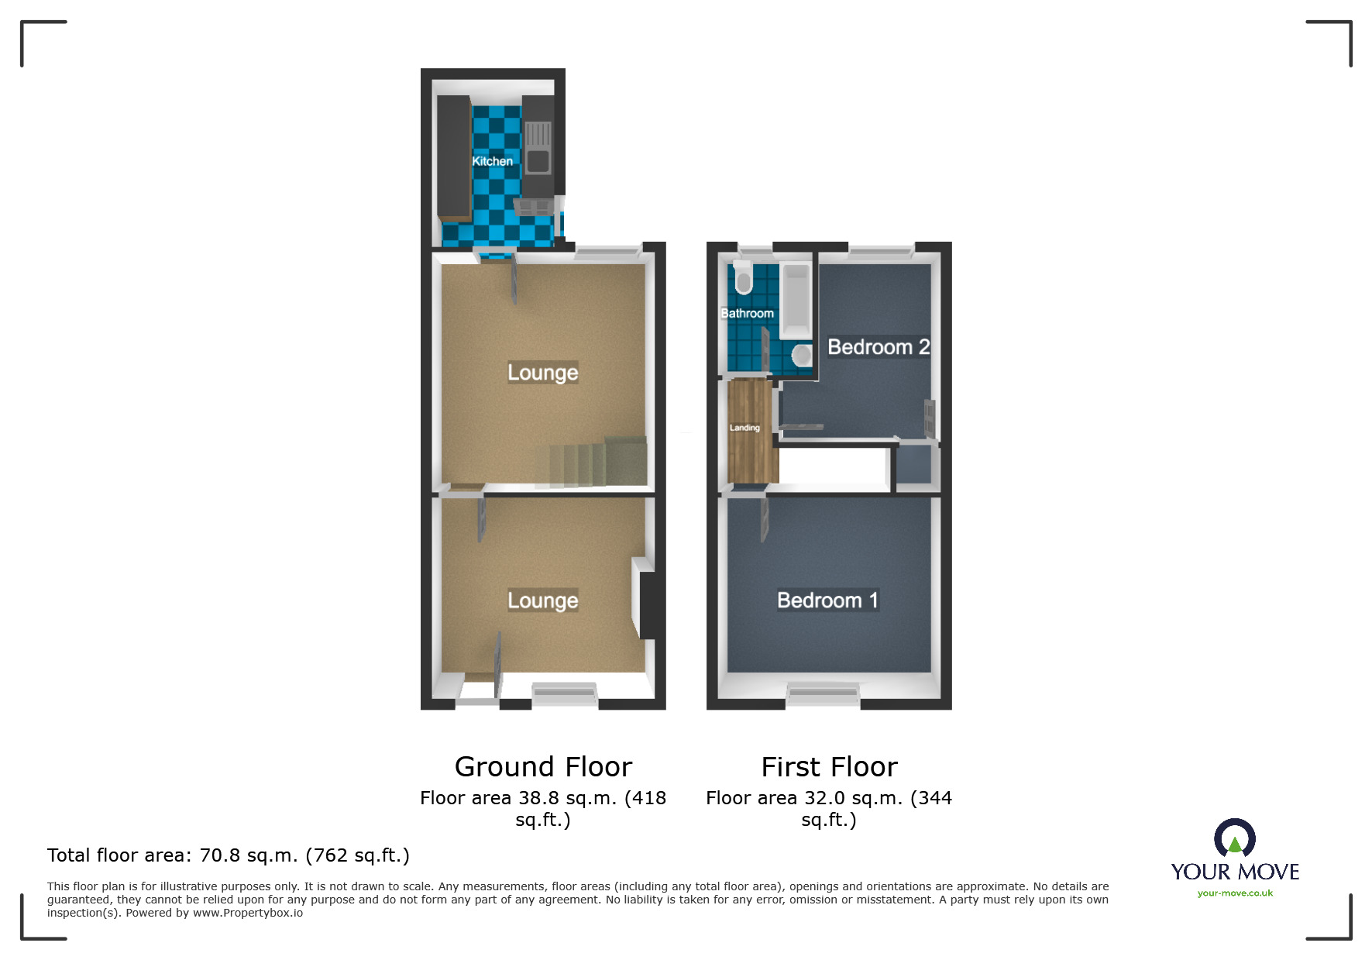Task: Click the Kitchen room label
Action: tap(492, 161)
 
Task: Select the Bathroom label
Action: tap(747, 313)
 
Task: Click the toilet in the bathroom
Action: tap(743, 277)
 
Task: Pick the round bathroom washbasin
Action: tap(802, 355)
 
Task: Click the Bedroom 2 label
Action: tap(879, 347)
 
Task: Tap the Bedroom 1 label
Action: tap(827, 600)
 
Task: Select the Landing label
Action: tap(744, 428)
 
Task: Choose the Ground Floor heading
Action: tap(543, 767)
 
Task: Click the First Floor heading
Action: tap(829, 767)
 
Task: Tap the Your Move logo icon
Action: tap(1234, 839)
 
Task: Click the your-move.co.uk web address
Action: tap(1235, 893)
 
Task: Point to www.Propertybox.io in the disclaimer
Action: tap(248, 913)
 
